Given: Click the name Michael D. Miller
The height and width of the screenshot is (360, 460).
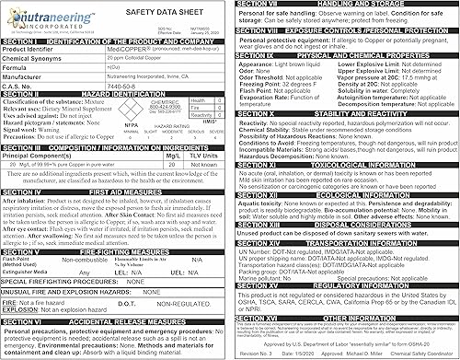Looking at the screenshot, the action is pos(355,354).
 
